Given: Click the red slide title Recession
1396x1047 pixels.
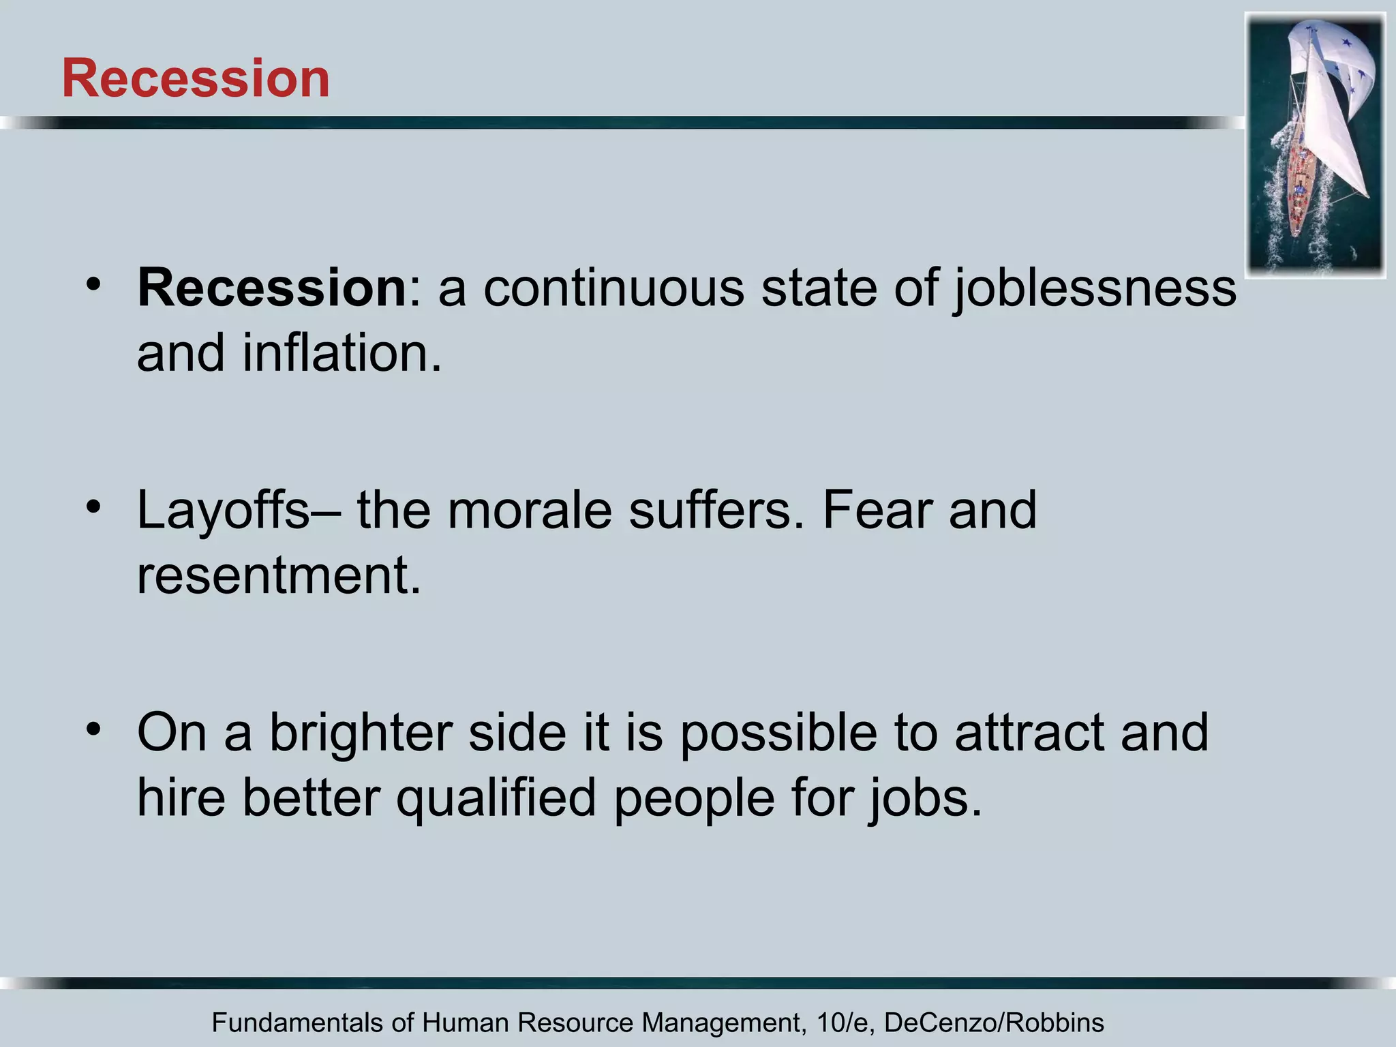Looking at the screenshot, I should click(196, 78).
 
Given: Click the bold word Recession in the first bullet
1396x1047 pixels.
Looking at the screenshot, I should click(272, 288).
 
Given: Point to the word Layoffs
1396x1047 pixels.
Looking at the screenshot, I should click(223, 511).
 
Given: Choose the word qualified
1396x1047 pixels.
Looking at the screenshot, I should click(496, 798).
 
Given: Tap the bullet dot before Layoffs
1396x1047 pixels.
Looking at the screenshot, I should click(94, 506).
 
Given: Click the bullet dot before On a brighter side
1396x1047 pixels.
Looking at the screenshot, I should click(94, 728).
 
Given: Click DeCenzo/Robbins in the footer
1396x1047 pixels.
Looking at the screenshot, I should click(994, 1023).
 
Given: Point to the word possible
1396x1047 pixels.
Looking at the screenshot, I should click(778, 733).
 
